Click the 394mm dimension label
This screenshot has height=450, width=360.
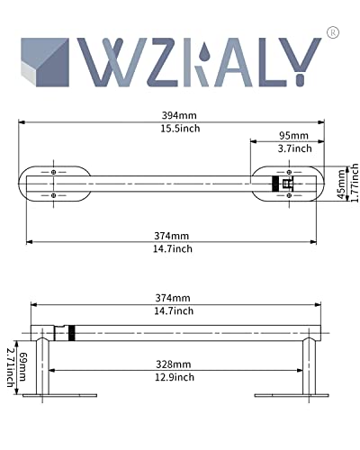pos(179,115)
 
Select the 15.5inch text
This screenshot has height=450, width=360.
pos(180,129)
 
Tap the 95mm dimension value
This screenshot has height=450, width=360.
pos(293,136)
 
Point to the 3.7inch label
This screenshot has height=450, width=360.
pos(294,148)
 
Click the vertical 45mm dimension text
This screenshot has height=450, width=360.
pos(341,184)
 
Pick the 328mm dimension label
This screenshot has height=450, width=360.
pos(173,364)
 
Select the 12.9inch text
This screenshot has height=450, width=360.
pos(175,377)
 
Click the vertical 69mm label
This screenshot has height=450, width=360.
pos(22,366)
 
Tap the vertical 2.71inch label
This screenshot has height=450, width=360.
pos(11,367)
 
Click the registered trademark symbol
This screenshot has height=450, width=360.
pos(333,32)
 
